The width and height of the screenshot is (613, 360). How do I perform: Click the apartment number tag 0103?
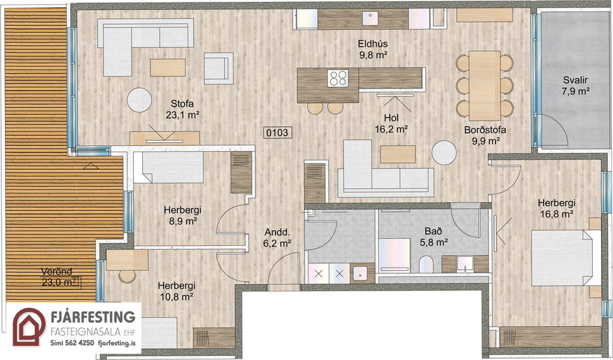point(278,133)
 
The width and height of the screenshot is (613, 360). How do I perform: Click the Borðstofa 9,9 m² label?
point(485,136)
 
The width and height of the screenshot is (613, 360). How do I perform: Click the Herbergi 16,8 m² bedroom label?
point(556,208)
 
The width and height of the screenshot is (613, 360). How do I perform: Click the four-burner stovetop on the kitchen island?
point(338,78)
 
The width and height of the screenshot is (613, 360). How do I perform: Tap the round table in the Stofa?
point(139,99)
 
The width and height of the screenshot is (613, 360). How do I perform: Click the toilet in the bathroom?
point(425,264)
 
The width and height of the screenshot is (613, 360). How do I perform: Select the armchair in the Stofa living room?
point(217,68)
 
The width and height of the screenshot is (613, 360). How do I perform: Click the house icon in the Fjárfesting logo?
point(30,327)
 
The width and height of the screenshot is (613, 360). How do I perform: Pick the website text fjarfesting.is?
point(118,344)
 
